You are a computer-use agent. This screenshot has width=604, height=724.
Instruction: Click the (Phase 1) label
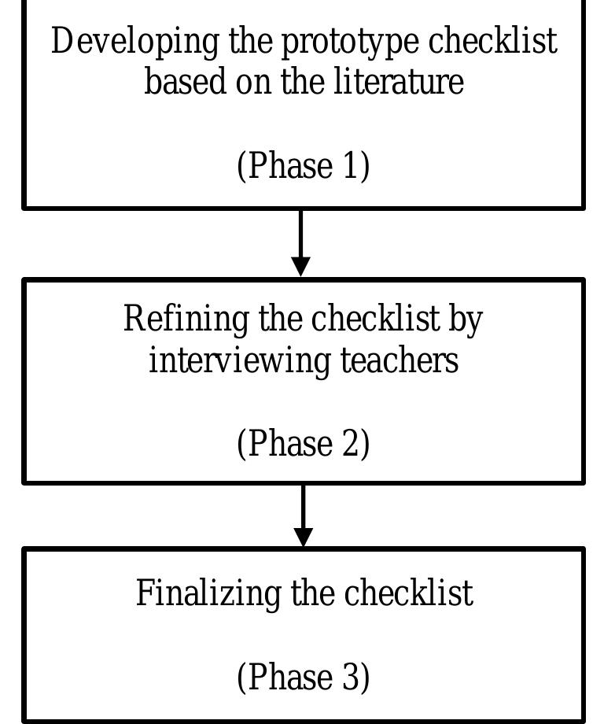(x=303, y=166)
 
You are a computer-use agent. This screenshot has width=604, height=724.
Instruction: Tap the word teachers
(x=400, y=361)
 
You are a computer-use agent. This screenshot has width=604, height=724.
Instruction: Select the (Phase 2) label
(x=303, y=444)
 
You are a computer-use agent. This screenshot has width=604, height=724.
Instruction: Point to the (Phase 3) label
(x=303, y=677)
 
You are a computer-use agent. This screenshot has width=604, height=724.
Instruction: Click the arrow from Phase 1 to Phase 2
(x=300, y=243)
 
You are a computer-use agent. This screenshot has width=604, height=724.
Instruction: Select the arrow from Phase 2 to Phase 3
(x=303, y=515)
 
